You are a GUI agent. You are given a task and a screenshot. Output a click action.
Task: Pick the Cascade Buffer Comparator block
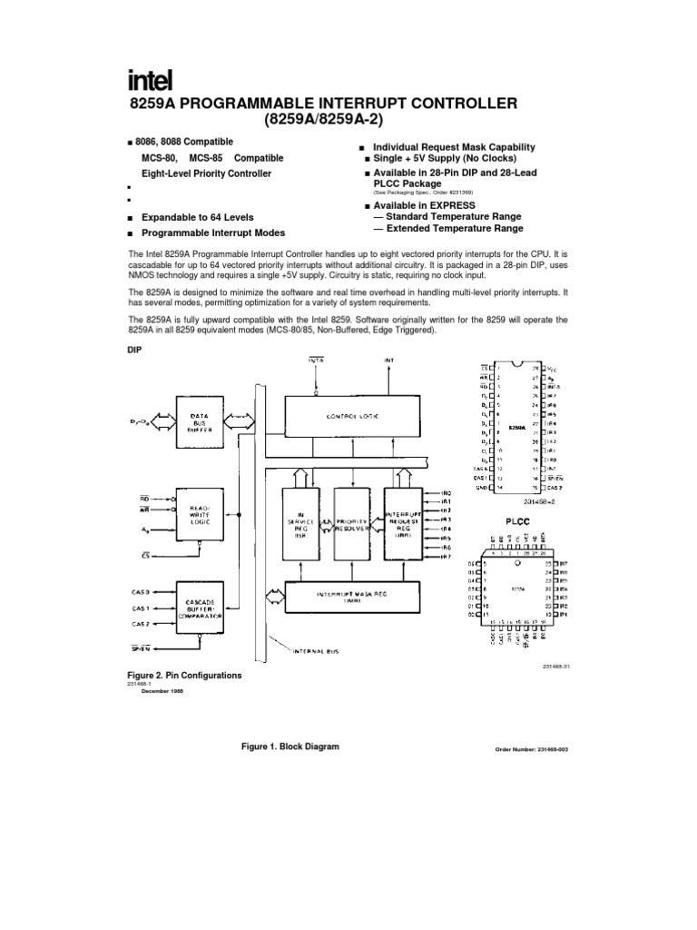click(x=199, y=607)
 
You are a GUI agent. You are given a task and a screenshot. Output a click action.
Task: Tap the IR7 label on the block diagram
click(x=446, y=556)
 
